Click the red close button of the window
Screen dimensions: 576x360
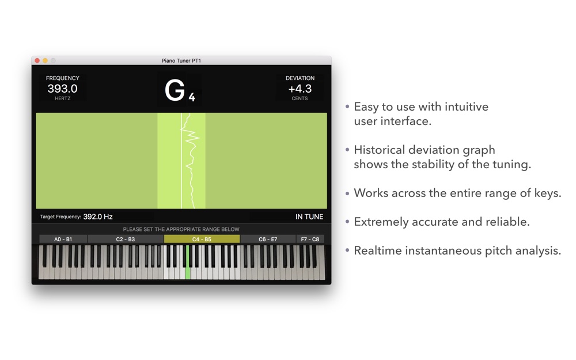click(x=37, y=60)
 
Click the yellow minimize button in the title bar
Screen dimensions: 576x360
click(x=45, y=60)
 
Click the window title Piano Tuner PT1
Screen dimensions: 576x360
click(x=181, y=60)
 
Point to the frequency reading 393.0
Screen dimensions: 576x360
click(x=62, y=89)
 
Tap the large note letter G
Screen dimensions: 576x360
click(x=175, y=90)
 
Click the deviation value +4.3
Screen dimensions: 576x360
click(x=300, y=89)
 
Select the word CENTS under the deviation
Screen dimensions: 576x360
click(x=300, y=98)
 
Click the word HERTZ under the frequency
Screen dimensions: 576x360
click(x=62, y=98)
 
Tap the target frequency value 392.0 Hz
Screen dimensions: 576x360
click(x=98, y=217)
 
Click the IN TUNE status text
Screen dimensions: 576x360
click(x=309, y=217)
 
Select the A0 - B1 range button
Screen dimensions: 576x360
click(x=63, y=239)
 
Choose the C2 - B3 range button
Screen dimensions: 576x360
click(x=126, y=239)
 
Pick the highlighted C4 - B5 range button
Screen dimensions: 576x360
click(x=202, y=239)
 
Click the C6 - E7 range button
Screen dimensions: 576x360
click(x=268, y=239)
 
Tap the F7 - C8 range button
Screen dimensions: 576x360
click(x=310, y=239)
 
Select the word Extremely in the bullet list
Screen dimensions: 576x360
click(x=381, y=222)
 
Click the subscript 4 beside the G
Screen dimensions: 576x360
click(x=192, y=97)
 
